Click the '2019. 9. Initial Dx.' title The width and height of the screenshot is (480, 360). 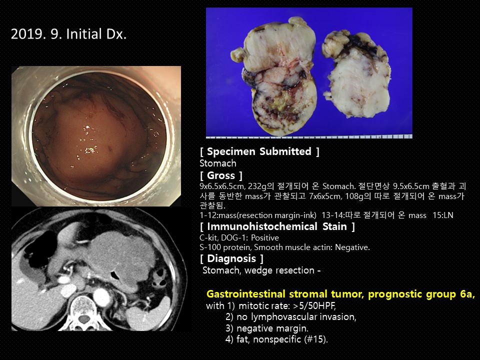68,34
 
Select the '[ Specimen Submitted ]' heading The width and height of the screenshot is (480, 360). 259,151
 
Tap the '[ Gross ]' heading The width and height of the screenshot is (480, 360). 221,175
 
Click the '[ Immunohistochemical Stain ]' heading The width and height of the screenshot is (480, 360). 277,226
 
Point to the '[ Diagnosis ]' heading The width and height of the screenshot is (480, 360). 231,258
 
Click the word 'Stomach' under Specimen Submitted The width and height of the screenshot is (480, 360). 218,163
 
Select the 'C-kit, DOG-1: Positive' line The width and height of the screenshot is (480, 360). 239,238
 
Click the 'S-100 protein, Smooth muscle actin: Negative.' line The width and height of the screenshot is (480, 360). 284,247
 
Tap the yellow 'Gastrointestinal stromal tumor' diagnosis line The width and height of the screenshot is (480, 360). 340,294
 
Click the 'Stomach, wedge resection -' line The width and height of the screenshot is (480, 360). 261,270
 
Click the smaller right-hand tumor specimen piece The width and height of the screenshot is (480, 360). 356,74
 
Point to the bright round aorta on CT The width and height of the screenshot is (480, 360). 101,296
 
